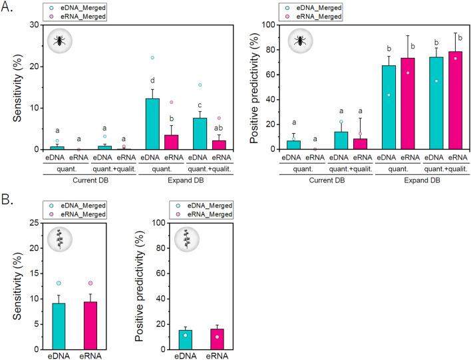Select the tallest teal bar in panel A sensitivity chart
coord(152,124)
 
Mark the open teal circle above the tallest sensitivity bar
coord(152,58)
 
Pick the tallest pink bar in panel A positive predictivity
coord(456,100)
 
